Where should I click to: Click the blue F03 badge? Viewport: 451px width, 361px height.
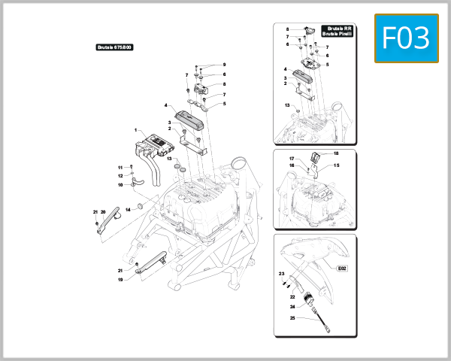(406, 38)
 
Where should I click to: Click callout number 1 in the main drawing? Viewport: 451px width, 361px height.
(136, 129)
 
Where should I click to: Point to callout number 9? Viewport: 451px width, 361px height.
(224, 65)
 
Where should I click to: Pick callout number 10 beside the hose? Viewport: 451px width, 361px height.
(120, 184)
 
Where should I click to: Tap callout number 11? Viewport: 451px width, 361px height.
(120, 167)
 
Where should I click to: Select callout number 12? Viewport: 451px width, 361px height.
(120, 175)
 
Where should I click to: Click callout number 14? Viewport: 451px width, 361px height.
(128, 208)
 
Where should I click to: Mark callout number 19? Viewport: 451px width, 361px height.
(120, 279)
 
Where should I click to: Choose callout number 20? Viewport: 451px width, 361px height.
(104, 212)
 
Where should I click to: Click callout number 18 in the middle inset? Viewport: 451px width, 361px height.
(336, 153)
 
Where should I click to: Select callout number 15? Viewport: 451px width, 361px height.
(336, 165)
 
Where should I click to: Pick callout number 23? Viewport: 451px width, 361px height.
(281, 274)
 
